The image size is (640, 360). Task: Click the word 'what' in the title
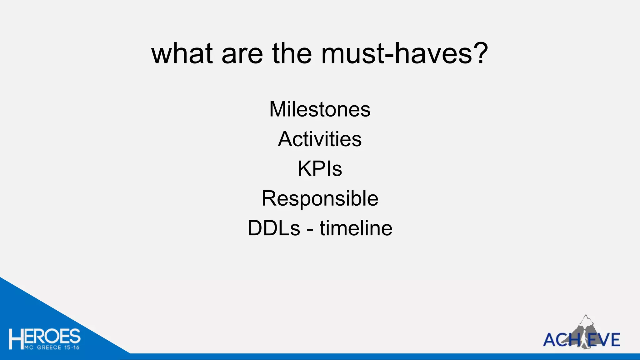click(182, 53)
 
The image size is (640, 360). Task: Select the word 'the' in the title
click(292, 53)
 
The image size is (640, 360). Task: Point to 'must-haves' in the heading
click(397, 53)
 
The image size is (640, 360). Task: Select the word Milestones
click(320, 109)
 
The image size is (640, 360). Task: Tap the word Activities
click(320, 139)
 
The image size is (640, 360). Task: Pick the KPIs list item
click(320, 169)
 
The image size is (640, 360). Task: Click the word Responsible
click(320, 198)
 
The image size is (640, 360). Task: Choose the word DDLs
click(274, 228)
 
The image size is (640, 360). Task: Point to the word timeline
click(356, 228)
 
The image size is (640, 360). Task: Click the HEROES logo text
click(45, 337)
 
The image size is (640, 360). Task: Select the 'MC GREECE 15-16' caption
click(52, 347)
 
